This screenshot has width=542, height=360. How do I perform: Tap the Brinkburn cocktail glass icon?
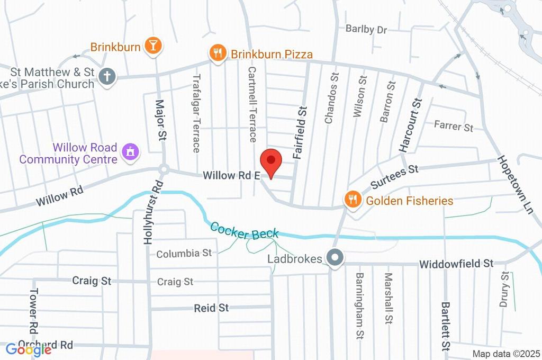coord(153,46)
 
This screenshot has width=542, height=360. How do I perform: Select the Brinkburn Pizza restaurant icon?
coord(217,53)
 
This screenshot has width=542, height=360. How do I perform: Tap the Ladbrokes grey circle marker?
coord(335,258)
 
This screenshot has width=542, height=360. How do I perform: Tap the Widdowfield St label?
coord(456,263)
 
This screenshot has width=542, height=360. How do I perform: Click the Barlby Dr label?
coord(366,29)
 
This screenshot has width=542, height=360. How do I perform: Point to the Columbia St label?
coord(184,254)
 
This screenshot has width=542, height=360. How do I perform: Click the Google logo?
coord(29,349)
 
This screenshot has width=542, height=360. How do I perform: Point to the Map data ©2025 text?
coord(505,354)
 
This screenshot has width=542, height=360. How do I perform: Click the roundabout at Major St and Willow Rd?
coord(164,170)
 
